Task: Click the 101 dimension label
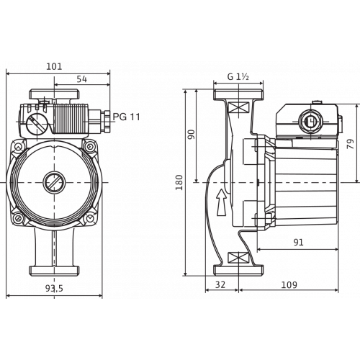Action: [x=55, y=66]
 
